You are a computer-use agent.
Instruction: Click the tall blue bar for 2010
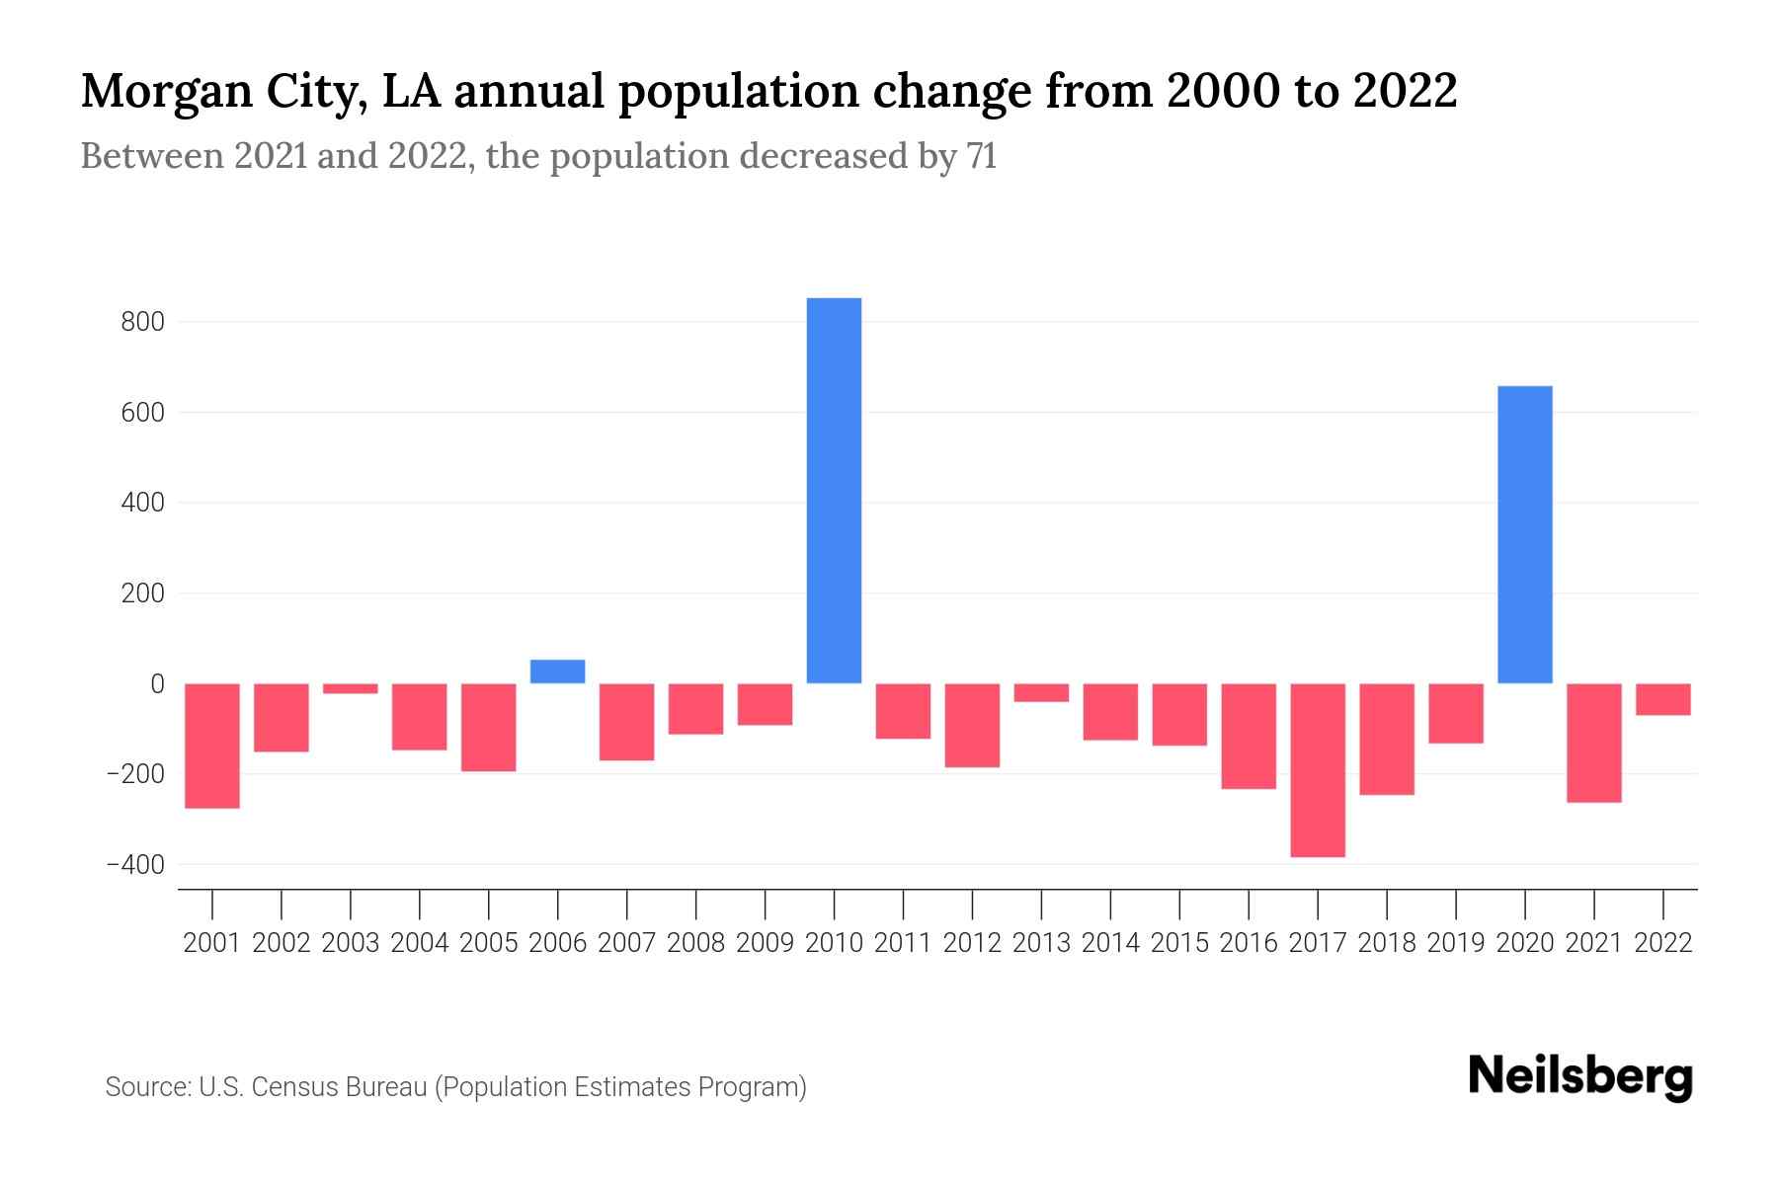pyautogui.click(x=834, y=491)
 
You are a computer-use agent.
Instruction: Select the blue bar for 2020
pyautogui.click(x=1525, y=534)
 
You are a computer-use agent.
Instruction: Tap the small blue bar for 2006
pyautogui.click(x=557, y=671)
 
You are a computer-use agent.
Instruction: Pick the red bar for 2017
pyautogui.click(x=1318, y=770)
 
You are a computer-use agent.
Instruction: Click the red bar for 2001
pyautogui.click(x=212, y=746)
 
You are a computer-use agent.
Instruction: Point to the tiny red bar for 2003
pyautogui.click(x=351, y=688)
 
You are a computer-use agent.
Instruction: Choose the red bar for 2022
pyautogui.click(x=1663, y=699)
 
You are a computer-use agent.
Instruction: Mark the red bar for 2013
pyautogui.click(x=1041, y=692)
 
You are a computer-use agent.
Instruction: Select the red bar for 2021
pyautogui.click(x=1594, y=743)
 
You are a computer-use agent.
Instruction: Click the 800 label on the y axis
pyautogui.click(x=144, y=322)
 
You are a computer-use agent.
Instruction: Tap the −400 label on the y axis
pyautogui.click(x=136, y=865)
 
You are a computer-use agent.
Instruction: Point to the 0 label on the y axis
pyautogui.click(x=157, y=683)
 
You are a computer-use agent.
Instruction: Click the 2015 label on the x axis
pyautogui.click(x=1179, y=943)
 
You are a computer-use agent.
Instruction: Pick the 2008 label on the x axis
pyautogui.click(x=695, y=943)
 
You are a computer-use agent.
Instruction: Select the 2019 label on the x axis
pyautogui.click(x=1456, y=943)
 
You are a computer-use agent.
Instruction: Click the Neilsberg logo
pyautogui.click(x=1580, y=1076)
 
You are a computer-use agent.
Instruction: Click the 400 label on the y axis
pyautogui.click(x=144, y=503)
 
